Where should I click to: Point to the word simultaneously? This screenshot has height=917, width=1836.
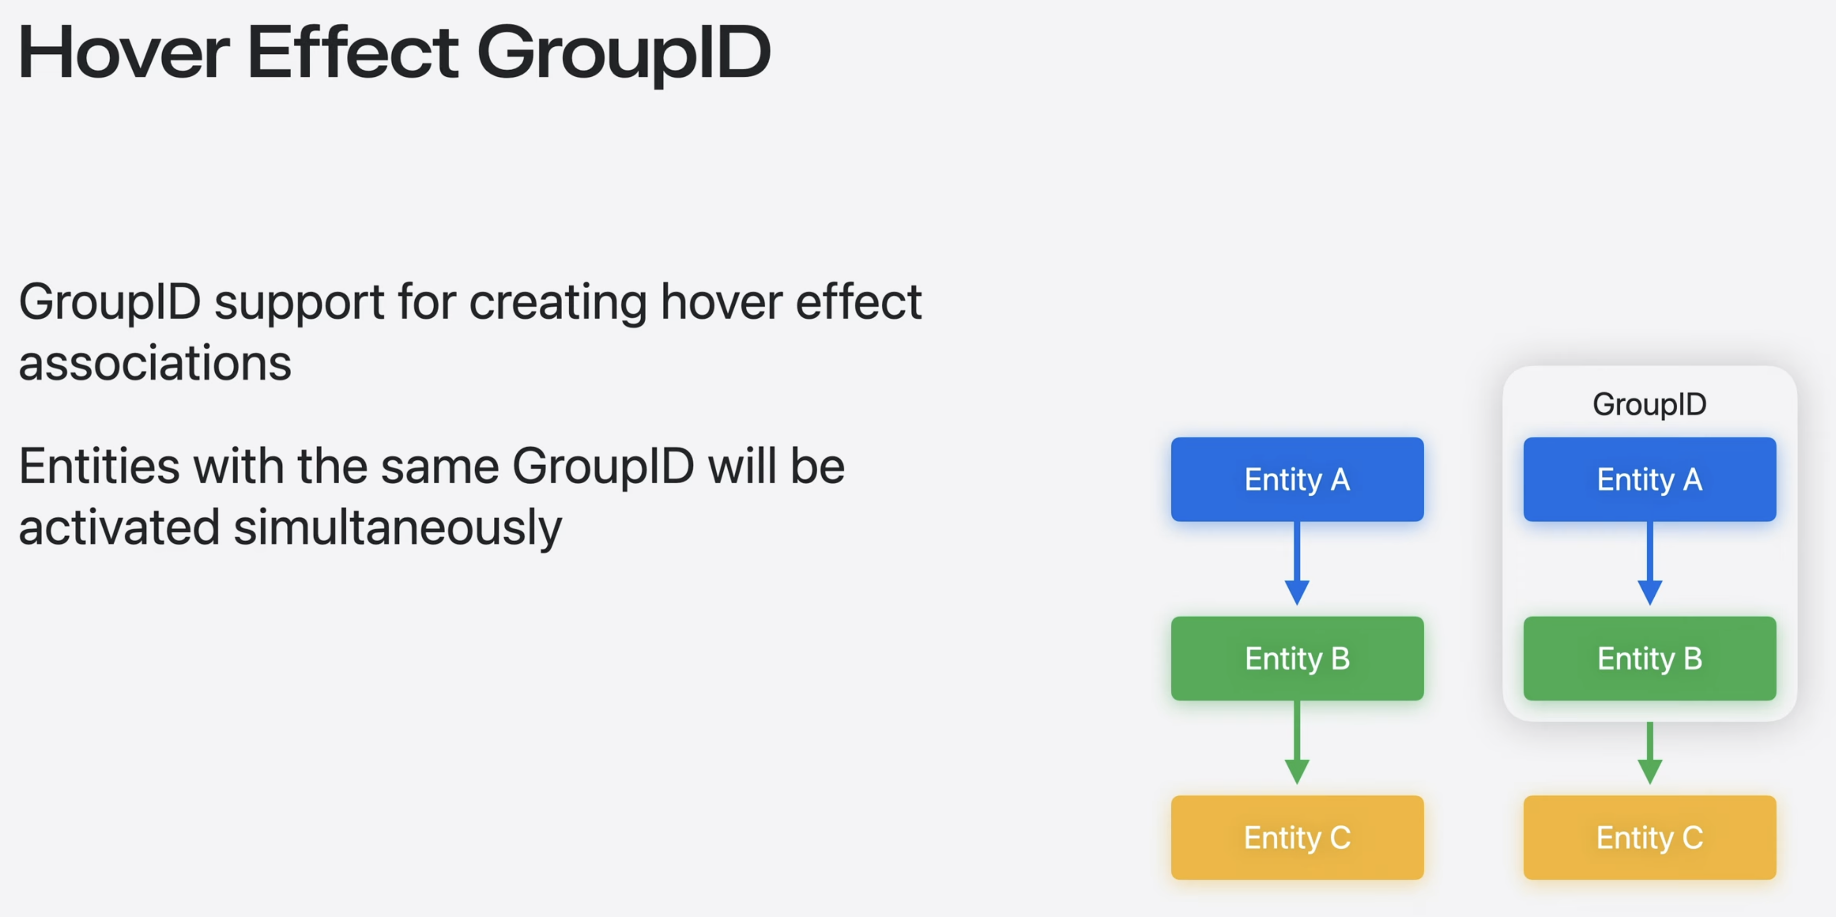click(x=398, y=529)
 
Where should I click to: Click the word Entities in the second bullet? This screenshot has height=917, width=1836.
click(x=99, y=467)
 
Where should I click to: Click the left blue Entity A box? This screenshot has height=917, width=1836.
click(x=1297, y=479)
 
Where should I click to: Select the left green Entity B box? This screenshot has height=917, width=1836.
click(x=1297, y=658)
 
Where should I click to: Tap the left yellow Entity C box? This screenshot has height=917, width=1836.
click(x=1297, y=837)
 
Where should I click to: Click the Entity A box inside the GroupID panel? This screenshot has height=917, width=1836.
click(x=1649, y=479)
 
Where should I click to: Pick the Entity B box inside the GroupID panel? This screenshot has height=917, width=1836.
click(x=1649, y=658)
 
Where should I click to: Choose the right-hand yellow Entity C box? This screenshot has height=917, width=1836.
click(x=1649, y=837)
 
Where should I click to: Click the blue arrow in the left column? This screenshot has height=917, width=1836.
click(x=1297, y=563)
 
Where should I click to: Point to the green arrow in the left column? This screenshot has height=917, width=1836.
click(x=1297, y=742)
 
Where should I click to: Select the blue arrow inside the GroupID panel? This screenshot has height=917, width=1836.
click(x=1649, y=563)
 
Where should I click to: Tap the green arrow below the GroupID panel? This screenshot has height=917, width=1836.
click(x=1649, y=753)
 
